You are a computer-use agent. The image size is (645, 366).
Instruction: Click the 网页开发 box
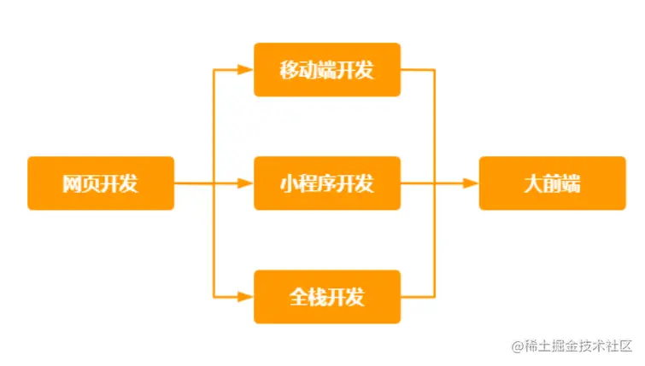tap(101, 183)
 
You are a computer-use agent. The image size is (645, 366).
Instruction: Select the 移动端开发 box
tap(327, 70)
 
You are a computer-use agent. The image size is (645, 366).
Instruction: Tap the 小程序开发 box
tap(327, 183)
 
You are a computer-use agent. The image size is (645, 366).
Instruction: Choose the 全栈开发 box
tap(327, 297)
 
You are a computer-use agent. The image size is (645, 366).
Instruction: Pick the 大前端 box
tap(552, 183)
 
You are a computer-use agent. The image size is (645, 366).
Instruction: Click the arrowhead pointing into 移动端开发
tap(247, 70)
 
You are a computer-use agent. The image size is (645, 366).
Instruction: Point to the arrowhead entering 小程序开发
tap(247, 183)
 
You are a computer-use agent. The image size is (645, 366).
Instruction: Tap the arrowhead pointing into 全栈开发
tap(247, 297)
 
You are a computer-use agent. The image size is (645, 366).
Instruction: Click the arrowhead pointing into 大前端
tap(471, 183)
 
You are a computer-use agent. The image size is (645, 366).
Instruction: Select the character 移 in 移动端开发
tap(290, 70)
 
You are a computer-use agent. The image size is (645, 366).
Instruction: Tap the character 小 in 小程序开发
tap(290, 183)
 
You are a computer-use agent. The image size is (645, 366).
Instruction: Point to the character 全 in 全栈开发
tap(299, 297)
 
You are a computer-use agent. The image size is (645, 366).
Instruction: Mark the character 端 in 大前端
tap(571, 183)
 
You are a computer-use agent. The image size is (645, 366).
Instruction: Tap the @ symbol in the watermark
tap(517, 346)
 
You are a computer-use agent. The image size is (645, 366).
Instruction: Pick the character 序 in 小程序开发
tap(327, 183)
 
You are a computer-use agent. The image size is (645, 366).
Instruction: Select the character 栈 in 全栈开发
tap(318, 297)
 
